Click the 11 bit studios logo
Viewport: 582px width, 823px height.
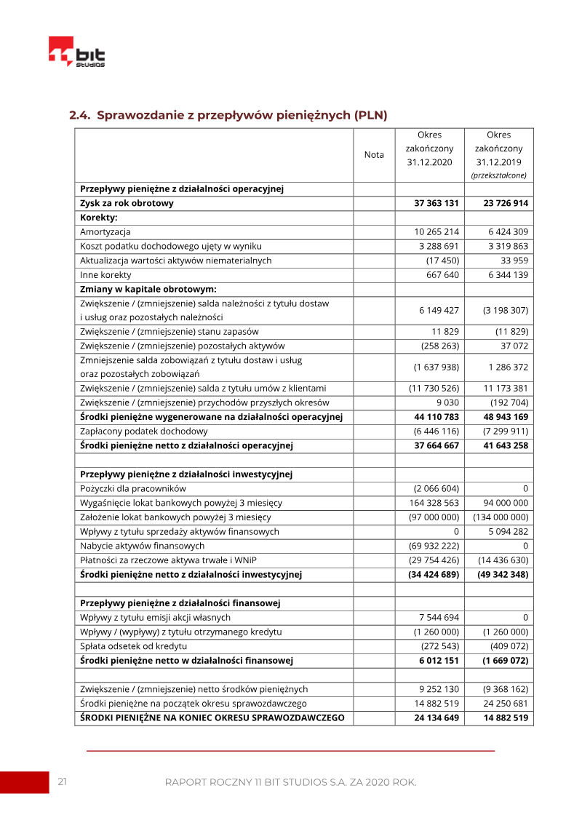pyautogui.click(x=76, y=52)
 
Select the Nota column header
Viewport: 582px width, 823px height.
pyautogui.click(x=374, y=154)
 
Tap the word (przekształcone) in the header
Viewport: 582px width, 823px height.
pyautogui.click(x=499, y=175)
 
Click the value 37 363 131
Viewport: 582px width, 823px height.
pyautogui.click(x=436, y=204)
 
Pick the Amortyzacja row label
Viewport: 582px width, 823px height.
pyautogui.click(x=105, y=232)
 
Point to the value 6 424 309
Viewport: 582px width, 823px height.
pyautogui.click(x=508, y=232)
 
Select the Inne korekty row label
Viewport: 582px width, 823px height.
pyautogui.click(x=105, y=275)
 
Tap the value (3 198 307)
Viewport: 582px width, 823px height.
pyautogui.click(x=506, y=310)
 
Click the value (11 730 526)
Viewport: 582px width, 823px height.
pyautogui.click(x=434, y=389)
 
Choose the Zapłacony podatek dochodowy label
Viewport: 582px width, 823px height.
pyautogui.click(x=143, y=432)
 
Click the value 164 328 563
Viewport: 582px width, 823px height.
pyautogui.click(x=434, y=503)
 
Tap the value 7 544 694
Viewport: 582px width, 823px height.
pyautogui.click(x=439, y=617)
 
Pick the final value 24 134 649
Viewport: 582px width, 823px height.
pyautogui.click(x=436, y=718)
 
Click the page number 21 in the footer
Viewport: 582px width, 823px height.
pyautogui.click(x=63, y=782)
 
